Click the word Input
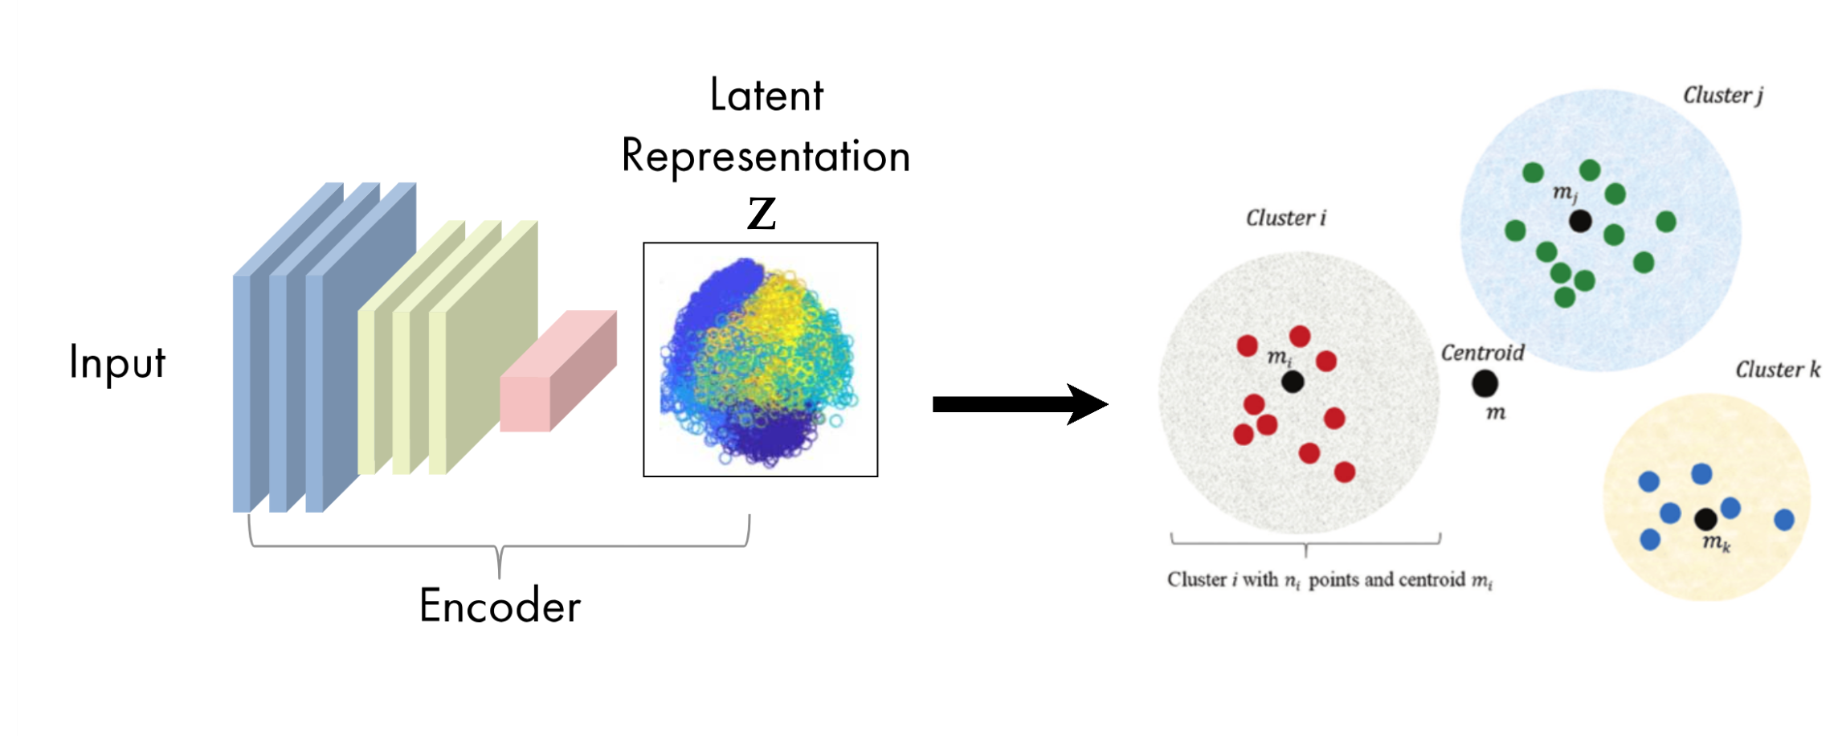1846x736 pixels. click(117, 362)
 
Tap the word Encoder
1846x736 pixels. click(500, 607)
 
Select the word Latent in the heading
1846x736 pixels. click(766, 96)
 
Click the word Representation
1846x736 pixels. click(766, 156)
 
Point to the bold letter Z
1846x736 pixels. click(762, 213)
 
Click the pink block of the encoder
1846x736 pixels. click(557, 374)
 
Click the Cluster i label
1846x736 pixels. click(1285, 218)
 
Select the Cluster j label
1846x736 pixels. click(1722, 96)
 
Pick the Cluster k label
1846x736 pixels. click(1777, 370)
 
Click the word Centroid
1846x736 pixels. click(1482, 353)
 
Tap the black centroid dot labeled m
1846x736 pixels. click(1485, 383)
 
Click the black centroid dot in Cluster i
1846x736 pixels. click(1293, 382)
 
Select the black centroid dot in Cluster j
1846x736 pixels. click(1580, 221)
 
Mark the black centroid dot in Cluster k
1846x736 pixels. click(1705, 519)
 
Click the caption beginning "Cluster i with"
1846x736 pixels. click(1329, 580)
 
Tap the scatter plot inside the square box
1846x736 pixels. click(760, 360)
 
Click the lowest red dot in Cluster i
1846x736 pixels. click(1345, 472)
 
